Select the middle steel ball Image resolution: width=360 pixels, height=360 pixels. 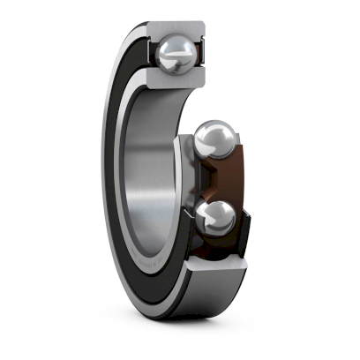pyautogui.click(x=214, y=140)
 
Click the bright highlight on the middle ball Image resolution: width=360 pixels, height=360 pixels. pyautogui.click(x=208, y=132)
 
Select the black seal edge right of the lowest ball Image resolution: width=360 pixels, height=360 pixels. pyautogui.click(x=242, y=221)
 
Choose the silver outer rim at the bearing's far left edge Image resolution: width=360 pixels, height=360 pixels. pyautogui.click(x=103, y=176)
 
